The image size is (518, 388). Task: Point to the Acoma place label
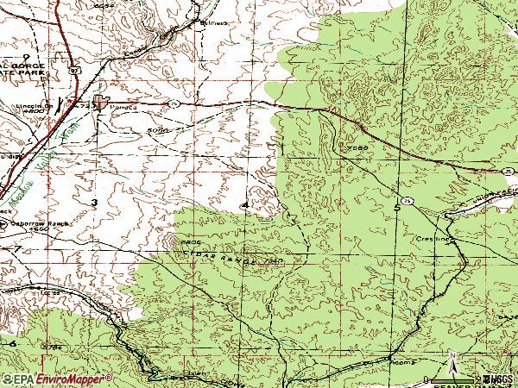pos(382,365)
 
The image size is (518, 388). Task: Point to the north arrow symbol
pos(452,358)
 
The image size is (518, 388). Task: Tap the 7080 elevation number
pos(360,148)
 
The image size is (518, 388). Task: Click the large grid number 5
pos(397,208)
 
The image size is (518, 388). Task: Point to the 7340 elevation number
pos(275,260)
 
